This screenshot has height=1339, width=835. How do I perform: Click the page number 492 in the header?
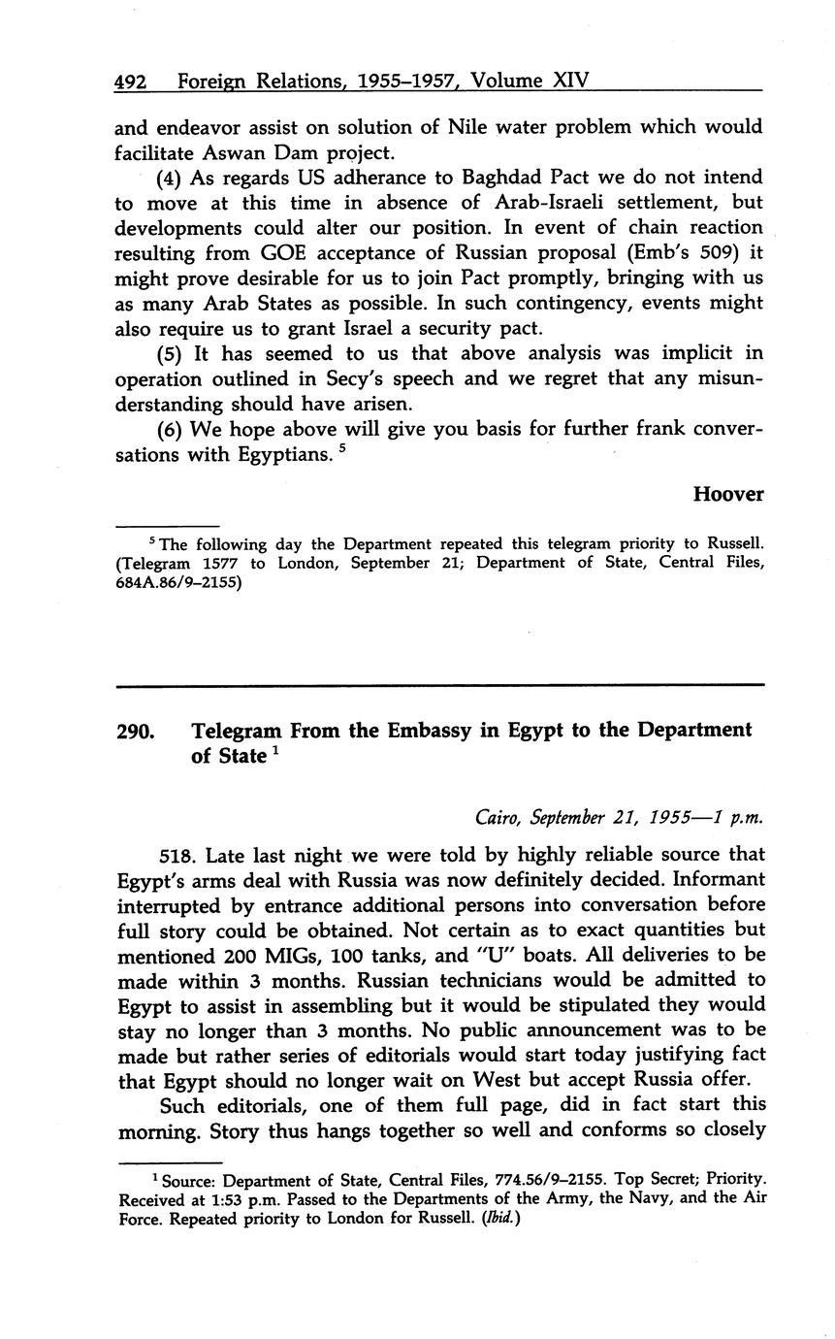[130, 82]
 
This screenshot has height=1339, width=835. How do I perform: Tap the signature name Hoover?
[727, 494]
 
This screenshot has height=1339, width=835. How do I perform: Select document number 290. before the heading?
[135, 730]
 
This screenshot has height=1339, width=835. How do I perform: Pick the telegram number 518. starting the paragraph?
[177, 855]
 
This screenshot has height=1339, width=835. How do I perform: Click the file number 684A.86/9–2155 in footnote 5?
[178, 584]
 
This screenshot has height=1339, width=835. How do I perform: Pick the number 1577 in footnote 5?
[217, 563]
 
